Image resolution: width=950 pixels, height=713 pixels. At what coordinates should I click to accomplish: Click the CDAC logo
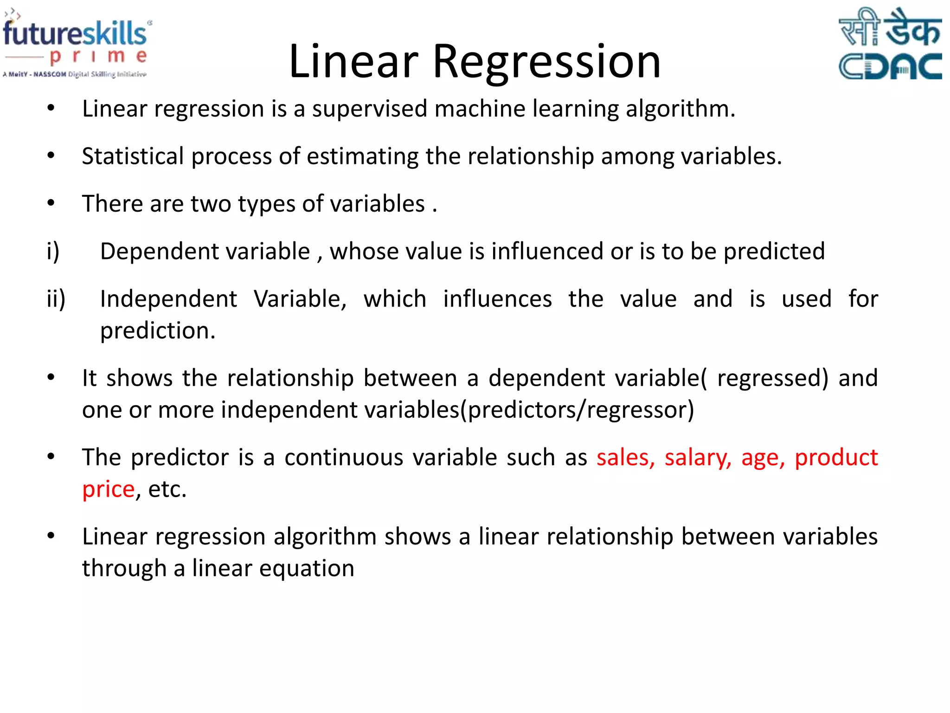[x=890, y=44]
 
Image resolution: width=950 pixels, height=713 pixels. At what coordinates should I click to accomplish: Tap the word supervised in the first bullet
[x=369, y=109]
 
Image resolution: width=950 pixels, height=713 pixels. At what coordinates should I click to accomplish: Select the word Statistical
[x=133, y=156]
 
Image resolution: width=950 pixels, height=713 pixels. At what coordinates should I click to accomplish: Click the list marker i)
[x=53, y=251]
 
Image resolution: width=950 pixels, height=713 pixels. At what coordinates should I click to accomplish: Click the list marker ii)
[x=56, y=298]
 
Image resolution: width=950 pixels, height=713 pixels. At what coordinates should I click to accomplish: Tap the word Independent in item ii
[x=168, y=298]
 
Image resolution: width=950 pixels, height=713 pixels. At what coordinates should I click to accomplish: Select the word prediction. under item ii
[x=158, y=331]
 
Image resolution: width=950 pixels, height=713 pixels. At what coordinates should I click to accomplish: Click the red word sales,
[x=625, y=457]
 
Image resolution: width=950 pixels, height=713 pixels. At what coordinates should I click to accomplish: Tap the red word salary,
[x=698, y=457]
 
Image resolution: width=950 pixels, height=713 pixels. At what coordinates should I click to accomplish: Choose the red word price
[x=108, y=489]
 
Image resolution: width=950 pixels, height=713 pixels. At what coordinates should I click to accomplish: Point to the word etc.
[x=167, y=489]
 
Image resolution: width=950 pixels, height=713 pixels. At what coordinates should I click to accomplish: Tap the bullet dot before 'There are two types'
[x=51, y=203]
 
